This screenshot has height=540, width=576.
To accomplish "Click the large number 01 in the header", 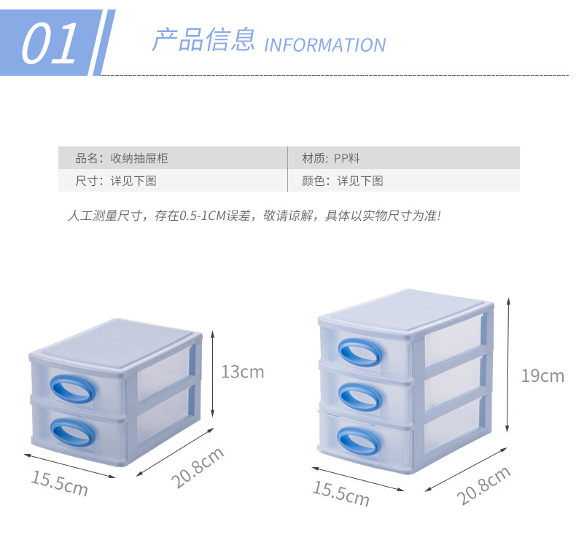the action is pyautogui.click(x=50, y=44).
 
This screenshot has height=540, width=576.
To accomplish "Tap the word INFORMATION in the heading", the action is pyautogui.click(x=324, y=45).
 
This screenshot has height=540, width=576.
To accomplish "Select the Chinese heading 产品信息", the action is pyautogui.click(x=203, y=39).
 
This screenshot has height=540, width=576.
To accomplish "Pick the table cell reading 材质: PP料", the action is pyautogui.click(x=331, y=158).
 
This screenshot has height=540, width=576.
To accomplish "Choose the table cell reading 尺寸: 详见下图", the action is pyautogui.click(x=116, y=181).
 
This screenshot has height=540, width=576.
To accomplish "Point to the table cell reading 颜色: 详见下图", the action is pyautogui.click(x=343, y=181).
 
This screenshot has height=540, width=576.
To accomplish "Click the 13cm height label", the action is pyautogui.click(x=242, y=372).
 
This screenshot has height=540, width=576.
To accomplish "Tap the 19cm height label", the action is pyautogui.click(x=542, y=376).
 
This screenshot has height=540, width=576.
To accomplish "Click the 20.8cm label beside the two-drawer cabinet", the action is pyautogui.click(x=198, y=467).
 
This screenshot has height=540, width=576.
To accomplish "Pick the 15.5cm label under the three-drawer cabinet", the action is pyautogui.click(x=341, y=493).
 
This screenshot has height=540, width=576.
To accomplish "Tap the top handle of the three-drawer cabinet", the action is pyautogui.click(x=359, y=352).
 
